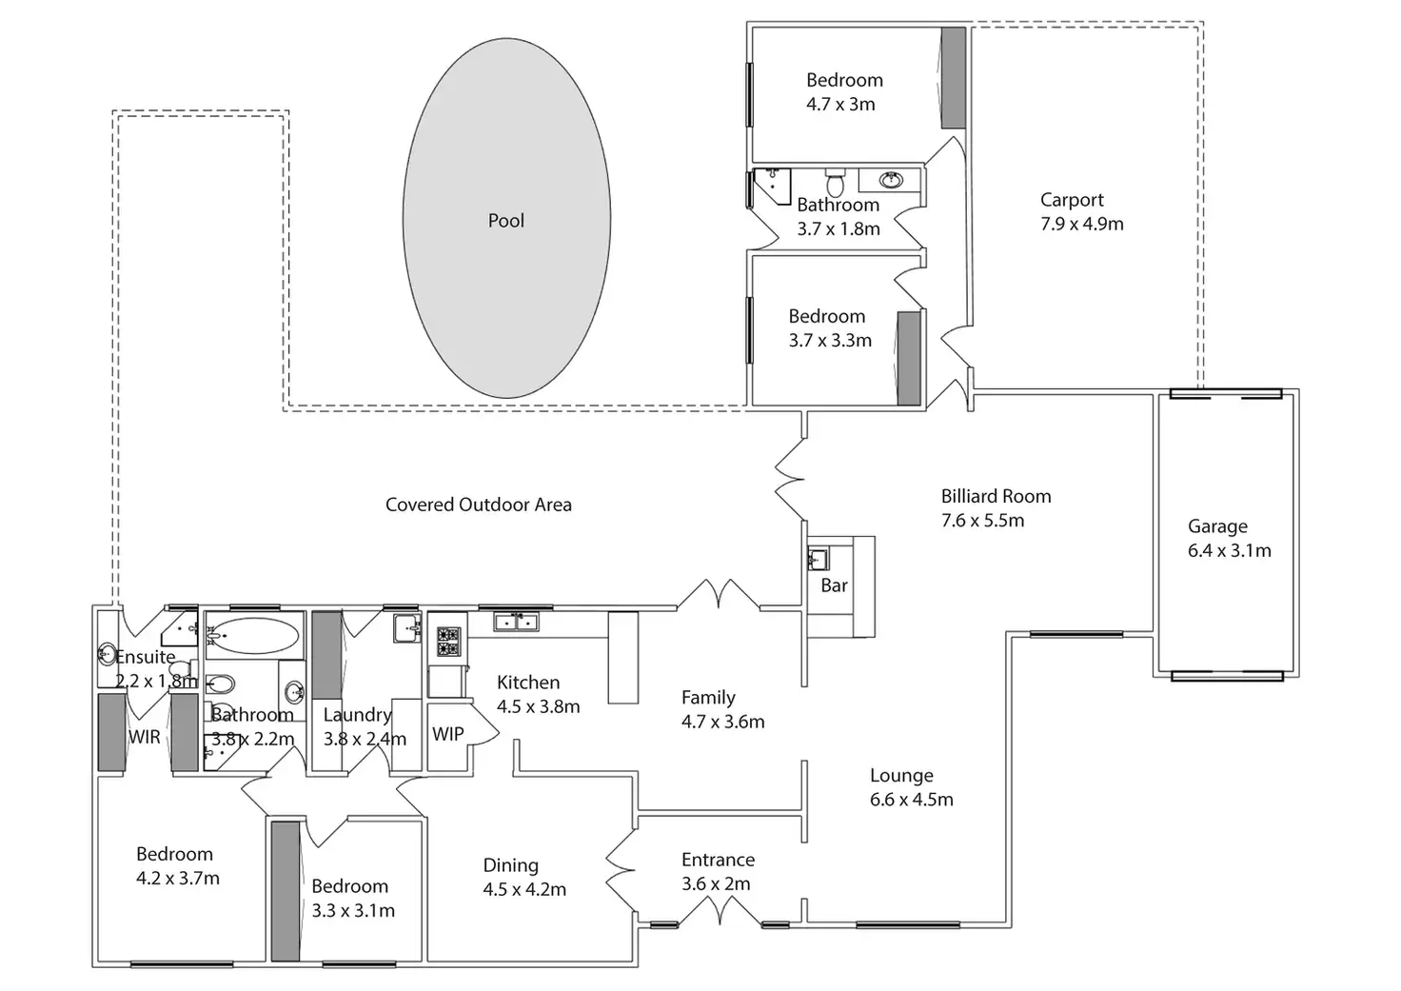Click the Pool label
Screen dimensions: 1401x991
click(x=505, y=221)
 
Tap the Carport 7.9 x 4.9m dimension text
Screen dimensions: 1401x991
click(x=1081, y=225)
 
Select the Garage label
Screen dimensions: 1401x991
click(x=1216, y=526)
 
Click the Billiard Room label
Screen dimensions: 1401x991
click(x=996, y=496)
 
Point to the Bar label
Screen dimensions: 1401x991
click(x=834, y=585)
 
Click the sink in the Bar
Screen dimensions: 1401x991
click(x=818, y=558)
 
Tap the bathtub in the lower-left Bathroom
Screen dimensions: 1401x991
click(x=252, y=635)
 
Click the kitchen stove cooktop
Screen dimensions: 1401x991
click(x=447, y=641)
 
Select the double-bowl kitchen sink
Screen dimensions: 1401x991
click(x=515, y=623)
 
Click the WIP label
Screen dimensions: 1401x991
click(x=447, y=734)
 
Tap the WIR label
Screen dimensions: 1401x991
click(x=145, y=736)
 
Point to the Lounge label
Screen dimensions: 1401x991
click(x=900, y=776)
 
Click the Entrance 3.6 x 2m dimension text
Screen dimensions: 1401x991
click(x=716, y=884)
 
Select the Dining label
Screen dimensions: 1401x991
click(x=510, y=865)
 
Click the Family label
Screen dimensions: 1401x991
click(x=708, y=698)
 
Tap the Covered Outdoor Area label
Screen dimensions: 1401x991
click(x=478, y=505)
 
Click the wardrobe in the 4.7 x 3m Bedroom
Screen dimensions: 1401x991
click(x=953, y=78)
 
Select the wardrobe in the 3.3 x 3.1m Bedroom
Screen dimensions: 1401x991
click(x=286, y=890)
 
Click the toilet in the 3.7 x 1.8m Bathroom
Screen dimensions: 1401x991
click(x=835, y=181)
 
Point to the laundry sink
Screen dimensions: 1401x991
click(x=407, y=628)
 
